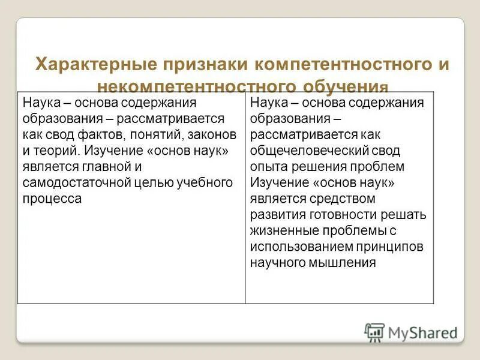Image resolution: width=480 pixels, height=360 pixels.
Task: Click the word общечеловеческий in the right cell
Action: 308,150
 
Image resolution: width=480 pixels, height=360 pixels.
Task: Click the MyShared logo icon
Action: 374,332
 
